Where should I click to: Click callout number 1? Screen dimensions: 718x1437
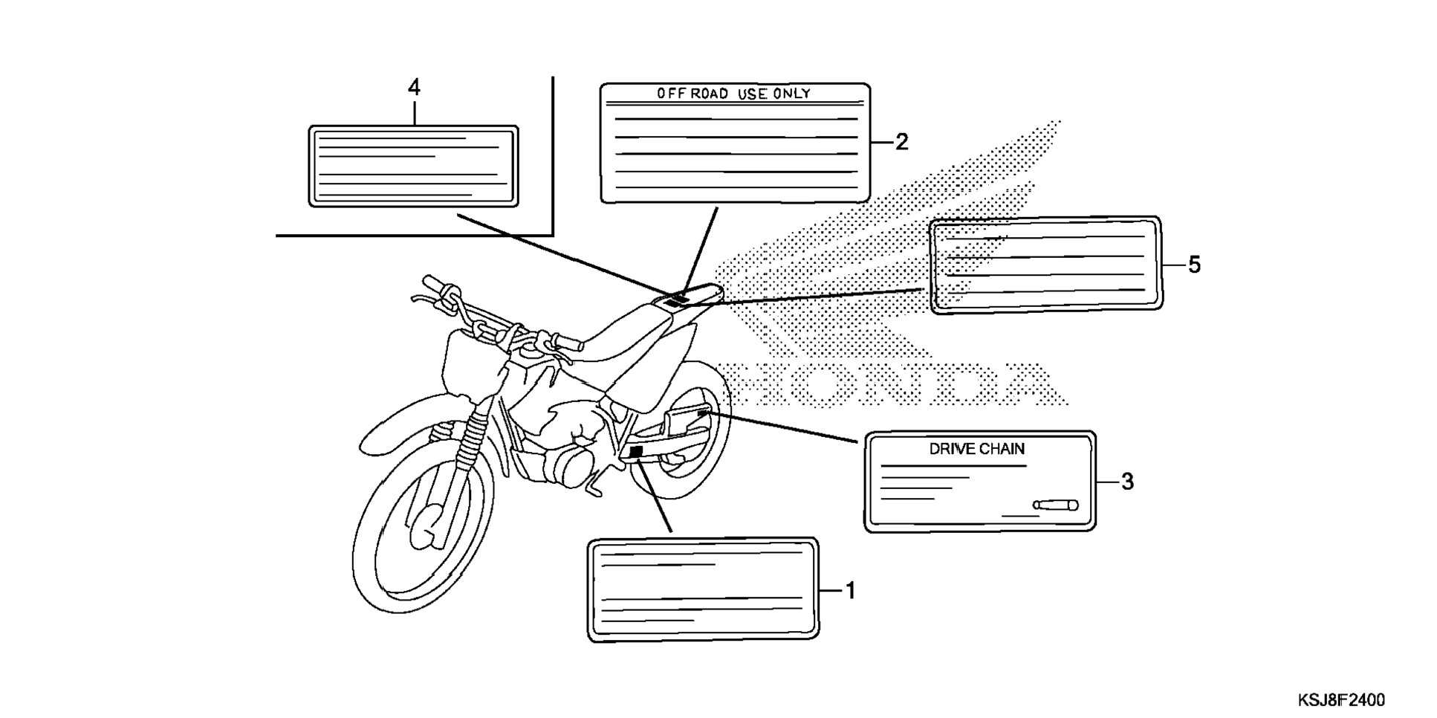click(x=851, y=591)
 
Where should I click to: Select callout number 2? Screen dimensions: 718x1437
click(x=901, y=142)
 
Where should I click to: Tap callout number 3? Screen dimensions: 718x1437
click(x=1127, y=482)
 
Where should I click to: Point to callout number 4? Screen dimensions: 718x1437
click(x=414, y=88)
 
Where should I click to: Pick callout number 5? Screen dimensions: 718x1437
click(x=1194, y=265)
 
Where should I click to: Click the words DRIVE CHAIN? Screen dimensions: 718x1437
click(x=976, y=449)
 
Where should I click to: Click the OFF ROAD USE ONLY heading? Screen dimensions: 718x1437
click(x=733, y=94)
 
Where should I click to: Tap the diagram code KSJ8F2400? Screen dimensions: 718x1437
click(x=1341, y=700)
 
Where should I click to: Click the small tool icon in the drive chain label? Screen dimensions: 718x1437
click(x=1055, y=505)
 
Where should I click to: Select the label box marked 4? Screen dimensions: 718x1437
click(x=413, y=166)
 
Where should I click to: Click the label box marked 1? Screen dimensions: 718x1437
click(x=703, y=589)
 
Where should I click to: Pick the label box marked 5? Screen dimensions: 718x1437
click(x=1045, y=265)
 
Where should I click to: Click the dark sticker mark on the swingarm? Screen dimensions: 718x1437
click(x=635, y=451)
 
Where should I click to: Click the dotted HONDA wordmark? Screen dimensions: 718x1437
click(x=892, y=384)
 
